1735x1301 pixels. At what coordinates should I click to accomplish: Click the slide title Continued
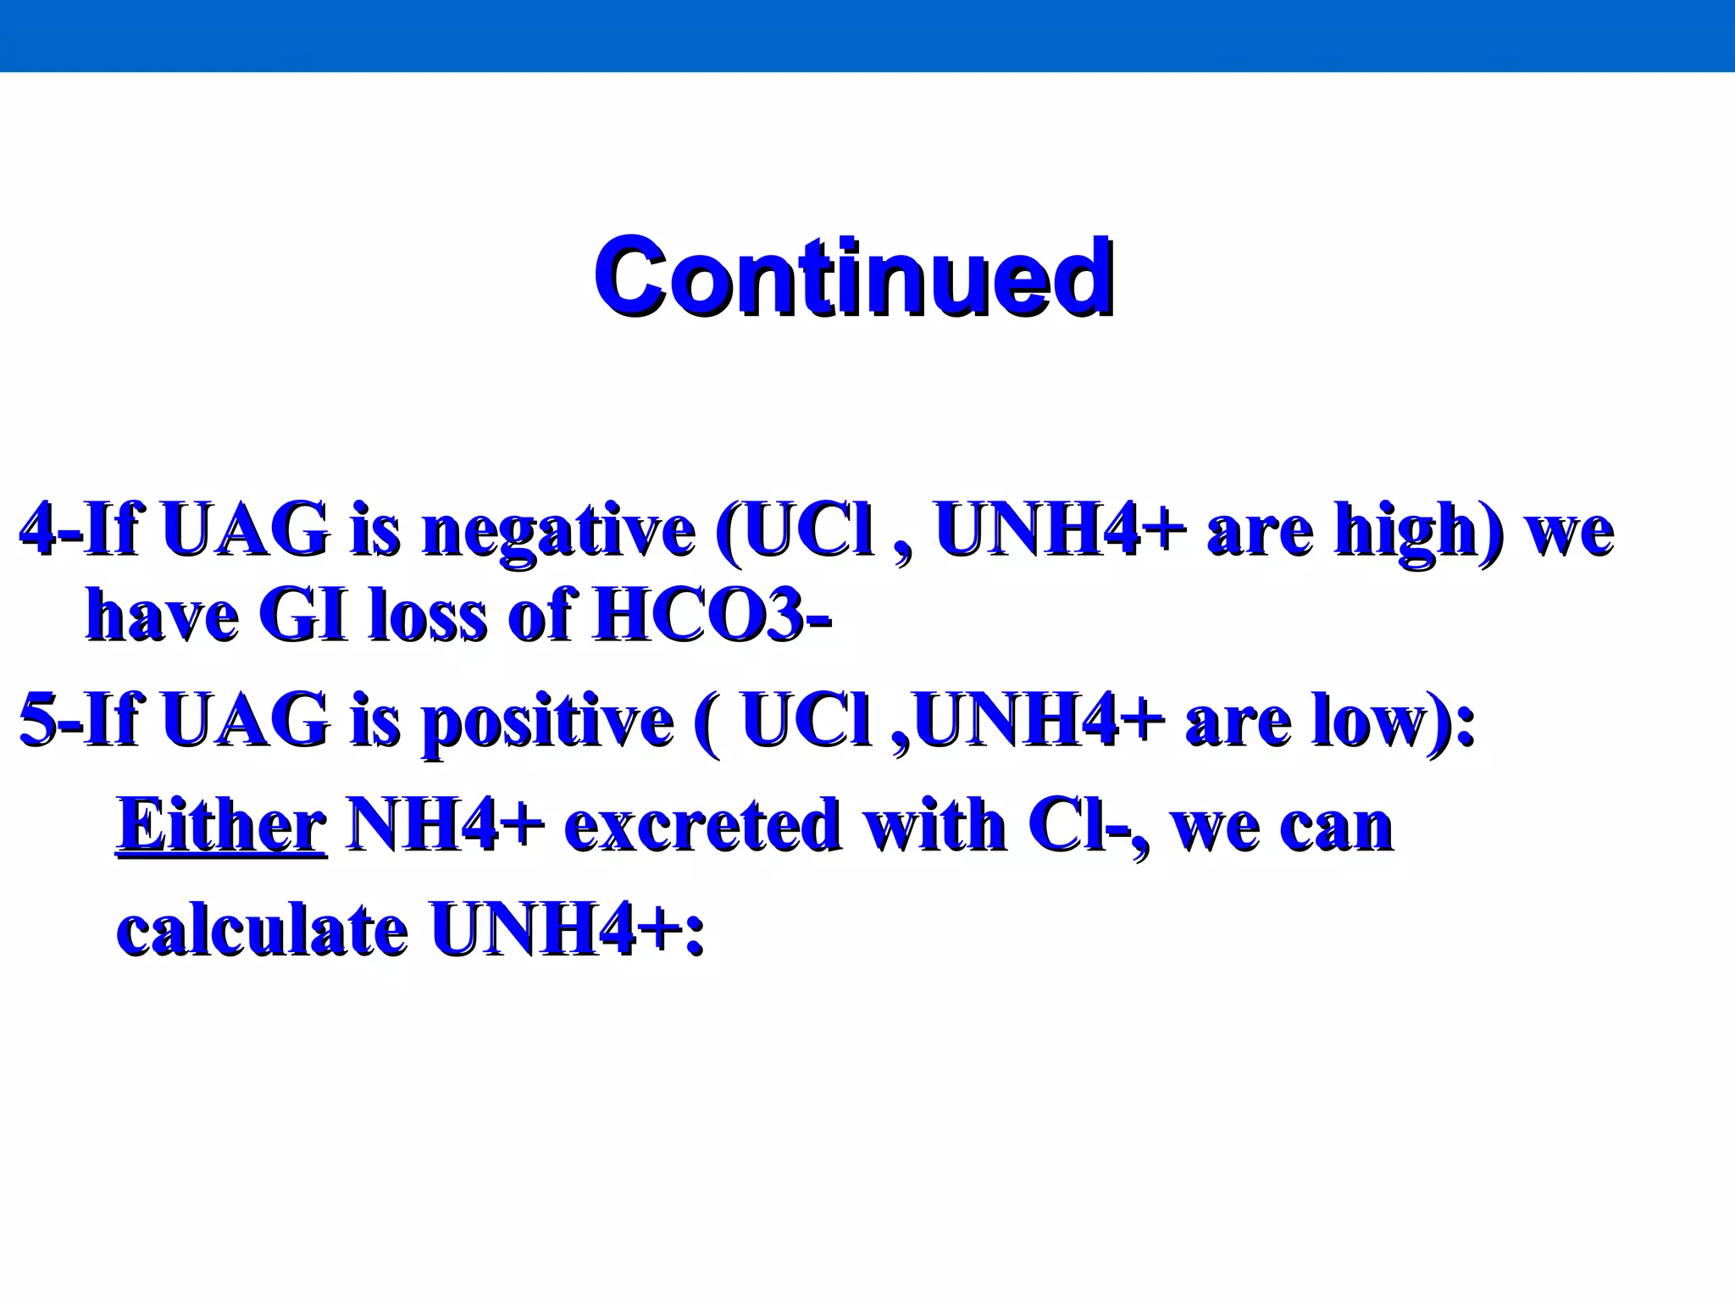point(852,277)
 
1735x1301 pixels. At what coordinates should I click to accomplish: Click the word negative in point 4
point(559,531)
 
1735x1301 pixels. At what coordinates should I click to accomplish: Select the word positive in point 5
point(547,722)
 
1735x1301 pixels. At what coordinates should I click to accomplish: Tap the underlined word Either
point(221,825)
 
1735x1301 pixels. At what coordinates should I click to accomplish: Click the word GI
point(302,617)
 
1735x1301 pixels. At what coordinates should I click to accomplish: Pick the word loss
point(428,617)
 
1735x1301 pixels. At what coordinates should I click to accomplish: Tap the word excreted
point(702,825)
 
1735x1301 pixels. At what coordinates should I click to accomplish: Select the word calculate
point(262,930)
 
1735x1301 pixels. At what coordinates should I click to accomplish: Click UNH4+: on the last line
point(568,930)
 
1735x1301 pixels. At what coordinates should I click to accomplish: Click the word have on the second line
point(162,617)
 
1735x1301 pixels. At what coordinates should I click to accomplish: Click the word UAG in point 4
point(245,531)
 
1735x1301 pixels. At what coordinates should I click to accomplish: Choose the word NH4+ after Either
point(445,825)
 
